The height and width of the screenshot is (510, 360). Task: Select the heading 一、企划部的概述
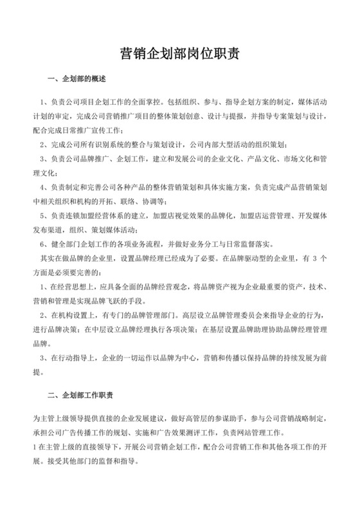tap(76, 80)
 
